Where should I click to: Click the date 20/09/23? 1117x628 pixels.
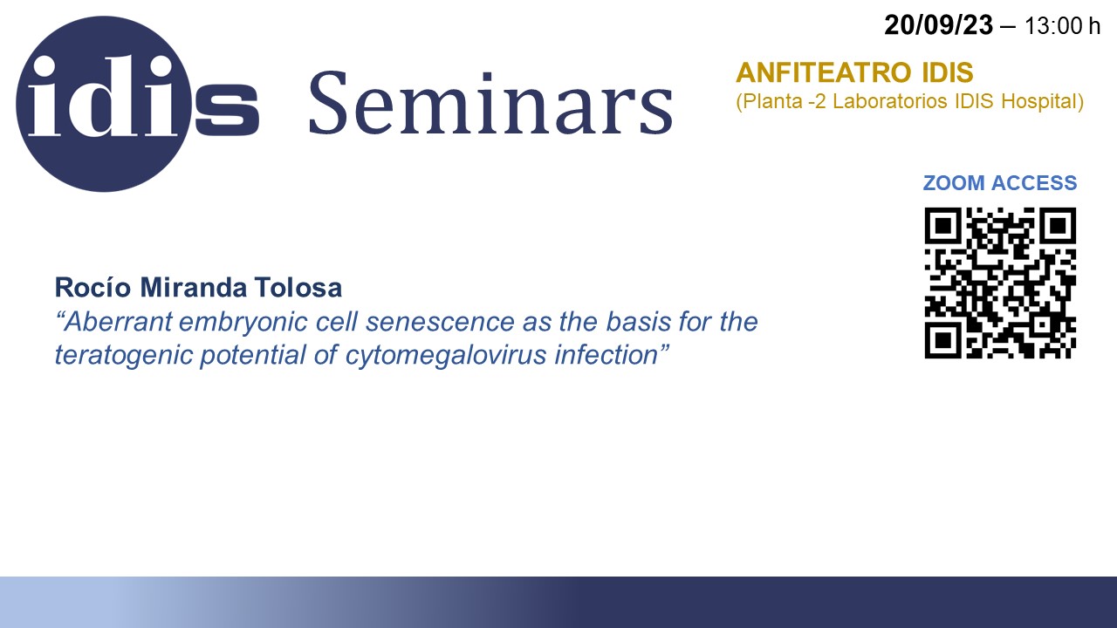click(938, 25)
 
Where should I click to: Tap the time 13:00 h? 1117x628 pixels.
click(1062, 26)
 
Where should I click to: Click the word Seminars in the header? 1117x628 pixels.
click(491, 103)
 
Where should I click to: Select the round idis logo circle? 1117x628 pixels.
click(104, 104)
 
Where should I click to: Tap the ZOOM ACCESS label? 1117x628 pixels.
click(1000, 183)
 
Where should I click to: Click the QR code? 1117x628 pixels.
click(1000, 283)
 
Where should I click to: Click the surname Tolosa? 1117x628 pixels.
click(298, 288)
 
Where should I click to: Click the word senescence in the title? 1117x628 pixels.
click(441, 322)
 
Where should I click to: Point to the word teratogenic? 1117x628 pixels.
click(124, 356)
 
